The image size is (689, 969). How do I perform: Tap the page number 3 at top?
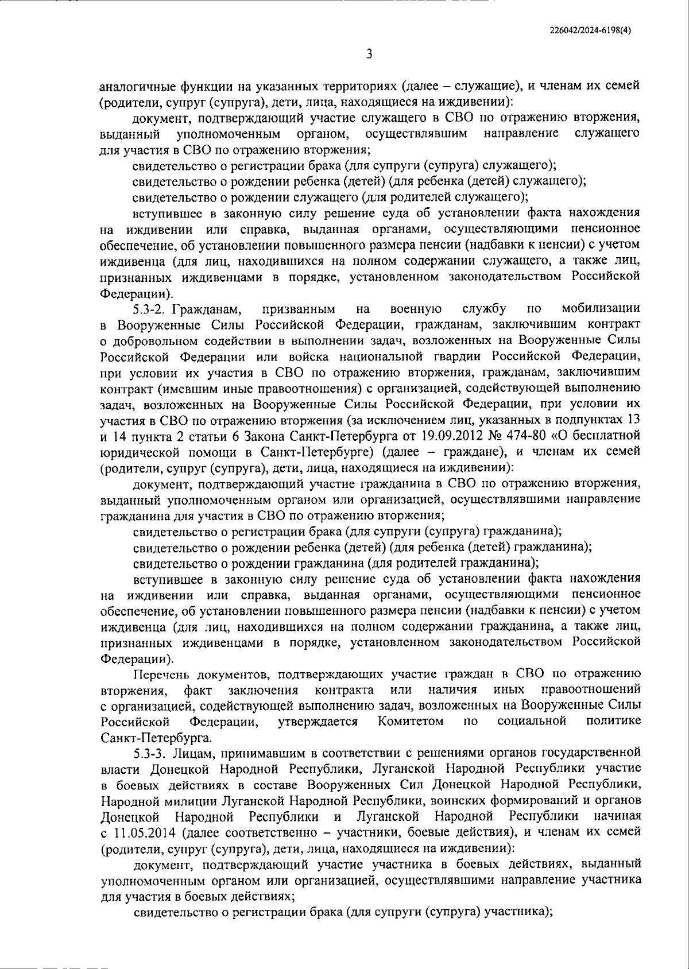[369, 55]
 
